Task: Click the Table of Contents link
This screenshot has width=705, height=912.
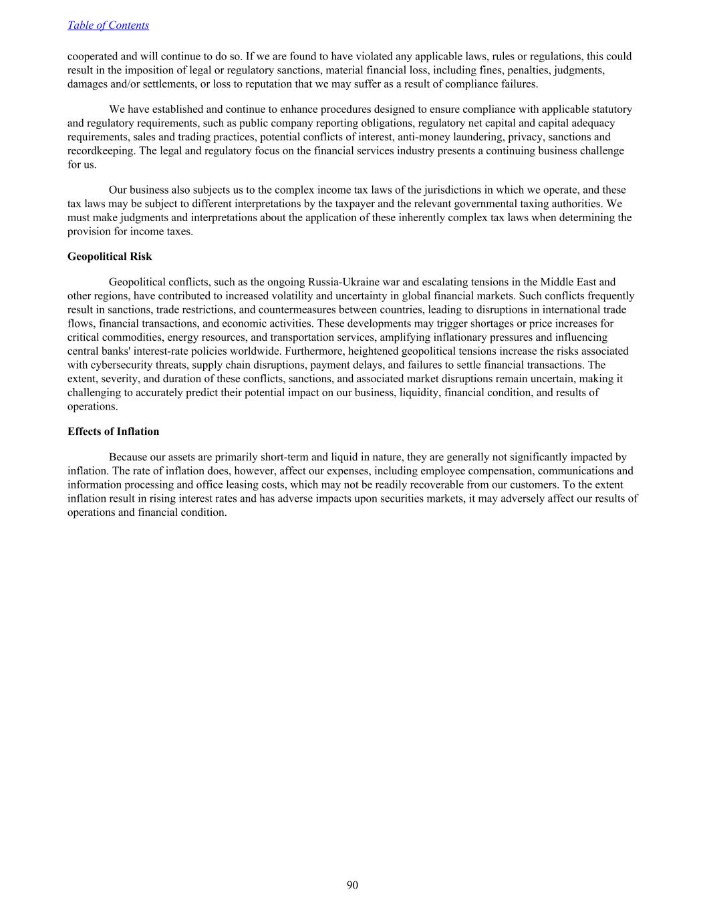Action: point(108,25)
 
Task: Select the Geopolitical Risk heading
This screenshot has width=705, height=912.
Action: point(110,257)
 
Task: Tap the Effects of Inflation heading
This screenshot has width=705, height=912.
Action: point(113,432)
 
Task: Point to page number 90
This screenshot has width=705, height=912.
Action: point(352,885)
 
